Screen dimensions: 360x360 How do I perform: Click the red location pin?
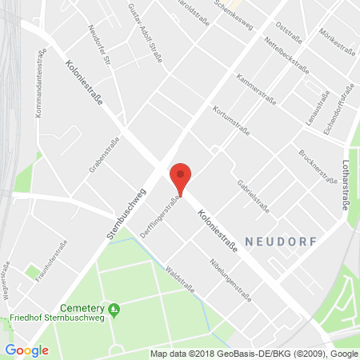(x=181, y=178)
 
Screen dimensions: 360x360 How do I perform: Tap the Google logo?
(x=26, y=350)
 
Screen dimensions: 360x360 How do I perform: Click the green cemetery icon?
(x=114, y=308)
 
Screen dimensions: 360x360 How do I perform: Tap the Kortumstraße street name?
(x=232, y=121)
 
